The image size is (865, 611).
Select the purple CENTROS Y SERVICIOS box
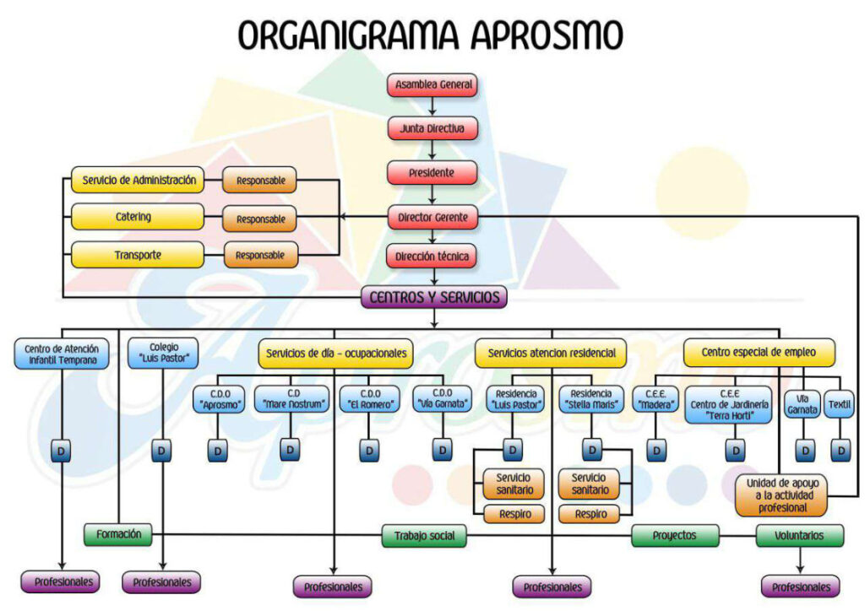point(434,297)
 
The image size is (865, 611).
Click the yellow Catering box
point(137,217)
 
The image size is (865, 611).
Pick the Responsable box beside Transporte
point(260,255)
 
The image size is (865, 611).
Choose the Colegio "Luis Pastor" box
point(164,354)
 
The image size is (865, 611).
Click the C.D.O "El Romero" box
point(368,398)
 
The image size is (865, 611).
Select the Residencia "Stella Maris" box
point(591,398)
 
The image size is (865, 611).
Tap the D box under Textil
point(840,451)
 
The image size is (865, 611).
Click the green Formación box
point(117,534)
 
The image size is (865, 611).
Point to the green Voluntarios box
point(800,534)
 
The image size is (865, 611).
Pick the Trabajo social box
point(424,535)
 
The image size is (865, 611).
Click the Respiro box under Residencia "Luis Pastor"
point(514,513)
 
